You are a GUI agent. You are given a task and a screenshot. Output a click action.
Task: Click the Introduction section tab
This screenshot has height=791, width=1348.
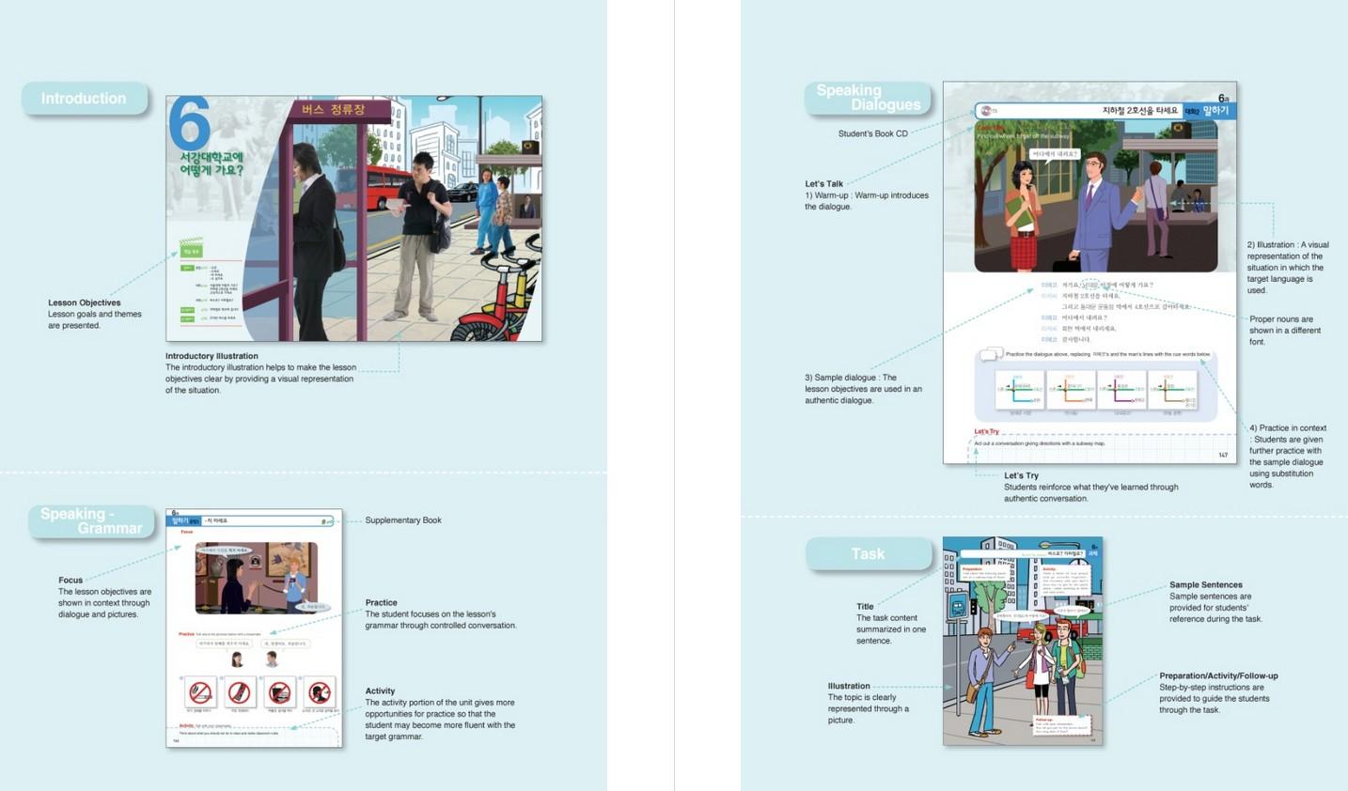[84, 99]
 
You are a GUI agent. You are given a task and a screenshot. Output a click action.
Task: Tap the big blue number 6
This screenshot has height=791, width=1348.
[189, 124]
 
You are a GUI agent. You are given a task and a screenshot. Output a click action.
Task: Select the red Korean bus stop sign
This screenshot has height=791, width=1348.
[333, 110]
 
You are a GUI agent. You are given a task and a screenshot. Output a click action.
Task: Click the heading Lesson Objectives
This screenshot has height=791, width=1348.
[85, 302]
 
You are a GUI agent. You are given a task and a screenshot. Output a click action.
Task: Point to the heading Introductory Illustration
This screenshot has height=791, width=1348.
[212, 356]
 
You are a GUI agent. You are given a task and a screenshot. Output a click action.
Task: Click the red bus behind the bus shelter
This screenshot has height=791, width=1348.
[380, 186]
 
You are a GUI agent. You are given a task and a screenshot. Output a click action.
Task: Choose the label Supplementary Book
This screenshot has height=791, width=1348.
[403, 520]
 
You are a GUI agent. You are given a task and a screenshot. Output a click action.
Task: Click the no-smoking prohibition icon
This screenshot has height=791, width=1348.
[200, 693]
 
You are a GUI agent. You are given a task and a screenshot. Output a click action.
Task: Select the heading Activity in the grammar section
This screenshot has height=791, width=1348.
[380, 690]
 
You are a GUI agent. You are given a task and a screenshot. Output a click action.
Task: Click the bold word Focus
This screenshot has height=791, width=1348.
[71, 580]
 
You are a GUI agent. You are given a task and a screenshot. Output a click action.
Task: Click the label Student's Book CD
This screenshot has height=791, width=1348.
[872, 133]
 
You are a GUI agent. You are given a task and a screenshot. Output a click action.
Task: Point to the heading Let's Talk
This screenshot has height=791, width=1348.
[823, 184]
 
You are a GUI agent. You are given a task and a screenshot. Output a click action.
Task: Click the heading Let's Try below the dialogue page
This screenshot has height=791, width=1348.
[1021, 475]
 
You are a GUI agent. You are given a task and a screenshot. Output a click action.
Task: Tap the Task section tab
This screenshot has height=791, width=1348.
[868, 554]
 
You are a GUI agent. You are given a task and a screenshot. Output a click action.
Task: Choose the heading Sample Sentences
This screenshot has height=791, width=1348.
[1206, 584]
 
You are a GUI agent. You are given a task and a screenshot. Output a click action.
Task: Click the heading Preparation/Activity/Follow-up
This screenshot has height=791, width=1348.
[1218, 675]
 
